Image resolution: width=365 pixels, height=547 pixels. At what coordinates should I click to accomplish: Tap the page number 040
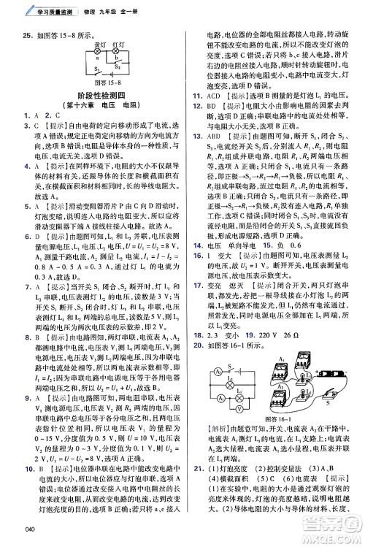click(30, 528)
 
